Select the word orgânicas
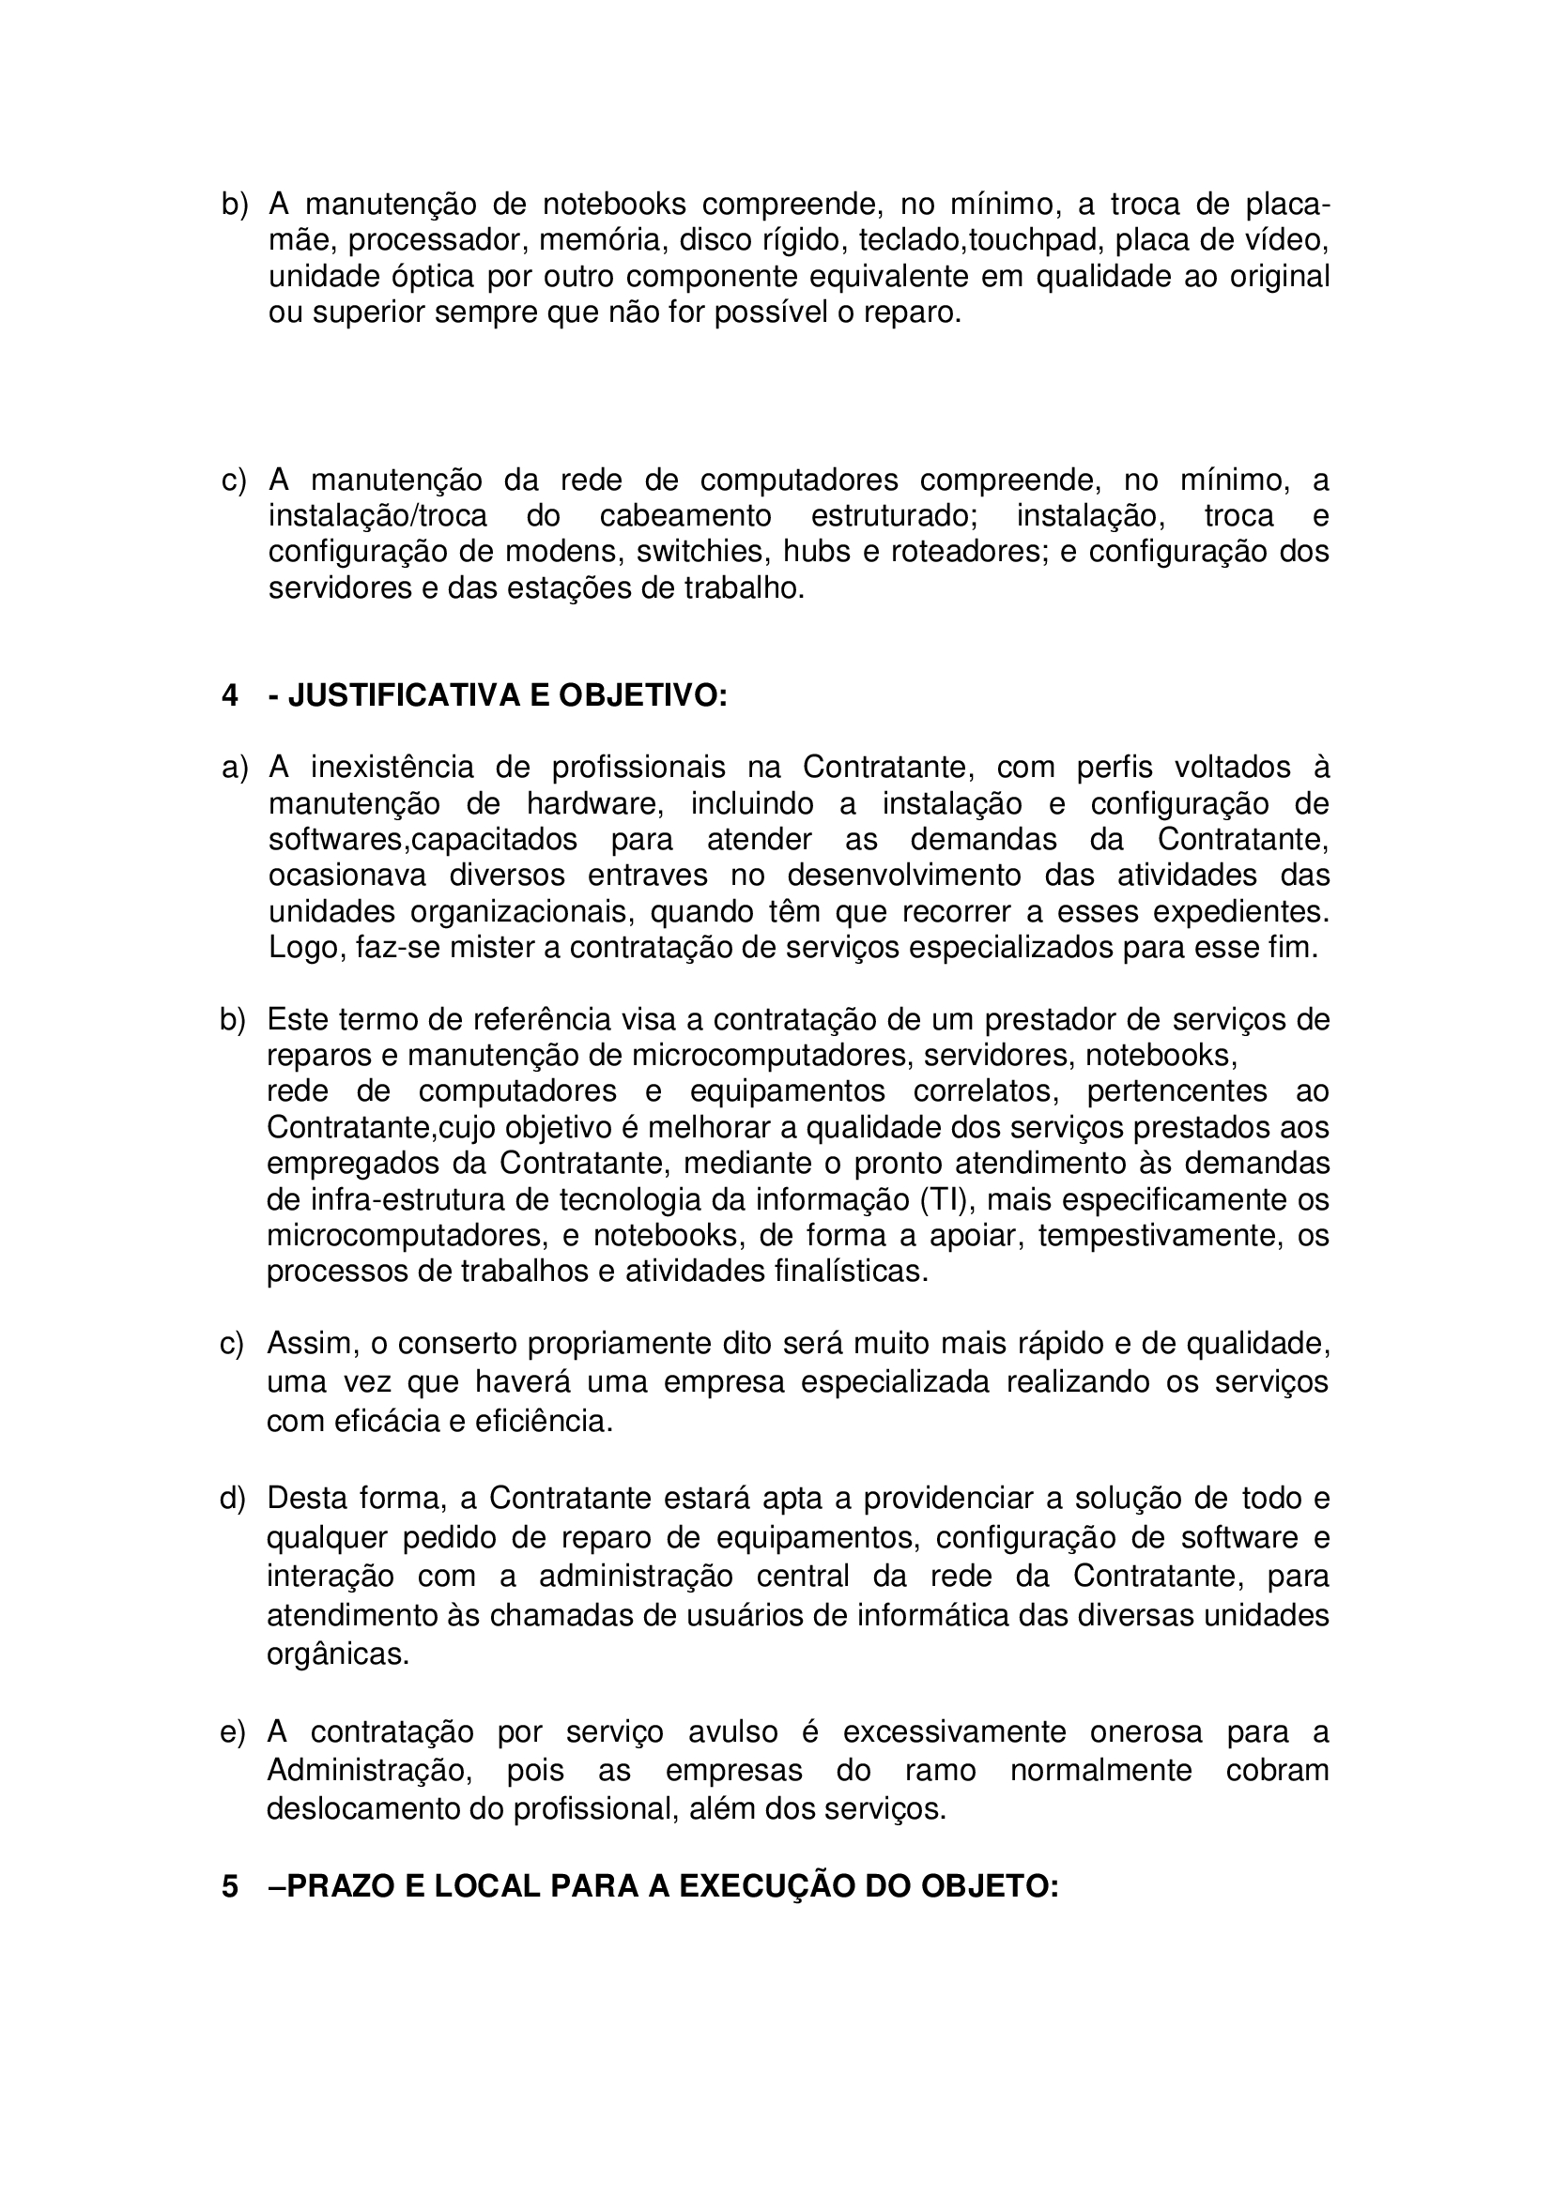click(338, 1653)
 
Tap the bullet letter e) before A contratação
click(232, 1732)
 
